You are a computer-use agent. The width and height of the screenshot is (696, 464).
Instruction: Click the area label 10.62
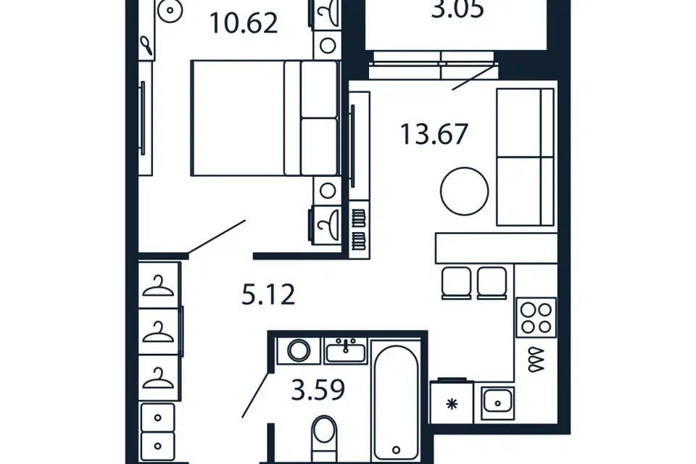point(244,23)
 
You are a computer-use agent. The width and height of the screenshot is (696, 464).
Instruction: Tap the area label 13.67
point(434,135)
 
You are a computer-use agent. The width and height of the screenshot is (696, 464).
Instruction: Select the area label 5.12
point(268,295)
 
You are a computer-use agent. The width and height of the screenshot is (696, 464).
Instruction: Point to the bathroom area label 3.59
point(318,390)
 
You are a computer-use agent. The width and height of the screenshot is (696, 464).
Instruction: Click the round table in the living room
point(464,191)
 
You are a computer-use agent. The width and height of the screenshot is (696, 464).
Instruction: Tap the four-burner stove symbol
point(536,318)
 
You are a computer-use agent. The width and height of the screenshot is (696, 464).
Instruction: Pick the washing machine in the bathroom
point(299,351)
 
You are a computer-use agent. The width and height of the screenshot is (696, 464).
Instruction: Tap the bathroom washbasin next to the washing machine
point(346,351)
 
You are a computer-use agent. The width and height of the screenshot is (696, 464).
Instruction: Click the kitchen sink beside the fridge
point(497,403)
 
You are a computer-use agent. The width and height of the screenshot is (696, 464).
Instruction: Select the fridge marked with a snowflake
point(452,402)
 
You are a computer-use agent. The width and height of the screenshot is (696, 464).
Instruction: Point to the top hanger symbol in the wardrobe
point(158,286)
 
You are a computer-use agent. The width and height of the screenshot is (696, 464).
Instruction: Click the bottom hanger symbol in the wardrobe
point(158,378)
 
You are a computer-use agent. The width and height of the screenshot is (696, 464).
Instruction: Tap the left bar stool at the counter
point(456,283)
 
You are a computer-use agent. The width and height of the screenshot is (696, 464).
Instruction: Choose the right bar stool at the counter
point(492,283)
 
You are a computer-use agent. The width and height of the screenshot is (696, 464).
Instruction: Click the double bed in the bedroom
point(265,118)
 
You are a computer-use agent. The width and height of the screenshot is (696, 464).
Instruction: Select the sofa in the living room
point(525,157)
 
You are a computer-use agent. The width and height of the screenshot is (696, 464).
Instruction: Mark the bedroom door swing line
point(217,238)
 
